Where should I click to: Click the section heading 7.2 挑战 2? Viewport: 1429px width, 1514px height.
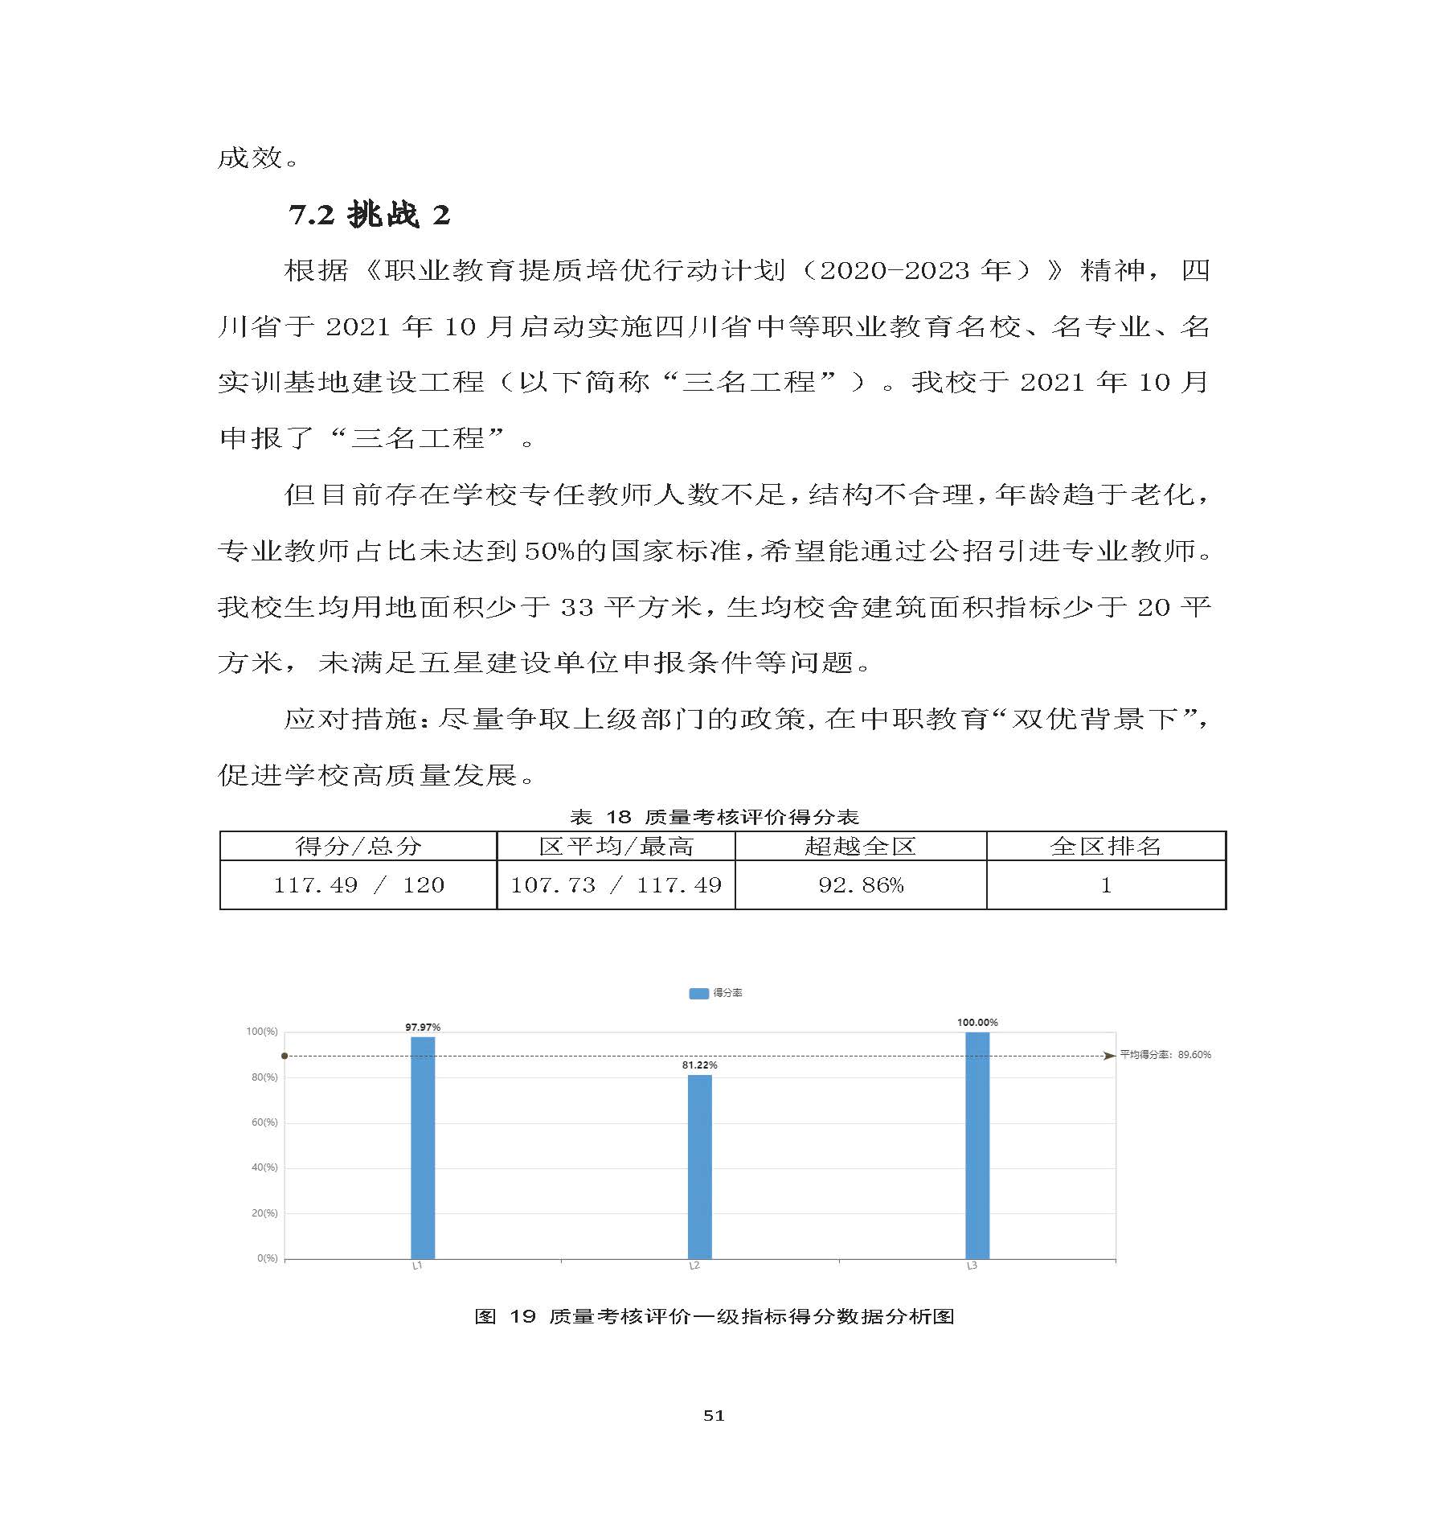coord(370,215)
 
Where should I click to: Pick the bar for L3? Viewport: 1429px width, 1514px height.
coord(977,1145)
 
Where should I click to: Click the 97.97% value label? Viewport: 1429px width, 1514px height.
coord(423,1027)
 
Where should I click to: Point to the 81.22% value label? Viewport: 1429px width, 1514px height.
coord(699,1065)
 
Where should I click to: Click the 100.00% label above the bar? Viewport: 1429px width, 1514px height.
coord(977,1022)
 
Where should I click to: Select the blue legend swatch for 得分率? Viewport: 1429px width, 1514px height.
coord(698,993)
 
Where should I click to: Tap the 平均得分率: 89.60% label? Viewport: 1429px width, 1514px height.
coord(1165,1054)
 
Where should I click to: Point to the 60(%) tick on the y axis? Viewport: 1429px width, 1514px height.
coord(264,1122)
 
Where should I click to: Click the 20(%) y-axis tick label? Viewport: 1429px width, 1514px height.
coord(264,1212)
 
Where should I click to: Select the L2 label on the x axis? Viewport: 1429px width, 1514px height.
coord(694,1266)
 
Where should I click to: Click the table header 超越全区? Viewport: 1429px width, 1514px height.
coord(860,846)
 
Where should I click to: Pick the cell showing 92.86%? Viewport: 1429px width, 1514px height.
coord(860,885)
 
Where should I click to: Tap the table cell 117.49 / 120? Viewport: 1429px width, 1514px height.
coord(358,885)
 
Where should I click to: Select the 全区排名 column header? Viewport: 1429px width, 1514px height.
coord(1105,846)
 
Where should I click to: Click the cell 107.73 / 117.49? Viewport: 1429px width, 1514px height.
coord(616,885)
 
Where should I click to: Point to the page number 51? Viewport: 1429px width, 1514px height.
coord(714,1415)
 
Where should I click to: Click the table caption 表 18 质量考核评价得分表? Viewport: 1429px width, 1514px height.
coord(714,817)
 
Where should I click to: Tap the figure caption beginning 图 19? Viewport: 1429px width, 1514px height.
coord(714,1316)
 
